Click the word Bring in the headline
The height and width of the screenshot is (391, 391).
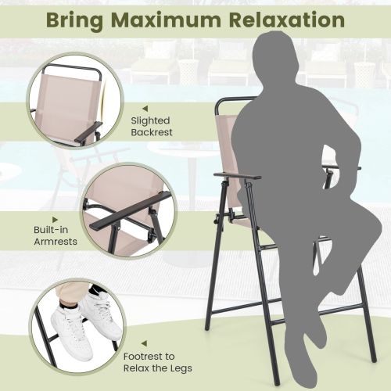point(77,20)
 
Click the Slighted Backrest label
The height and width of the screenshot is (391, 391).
point(152,127)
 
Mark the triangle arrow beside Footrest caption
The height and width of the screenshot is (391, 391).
point(143,343)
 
